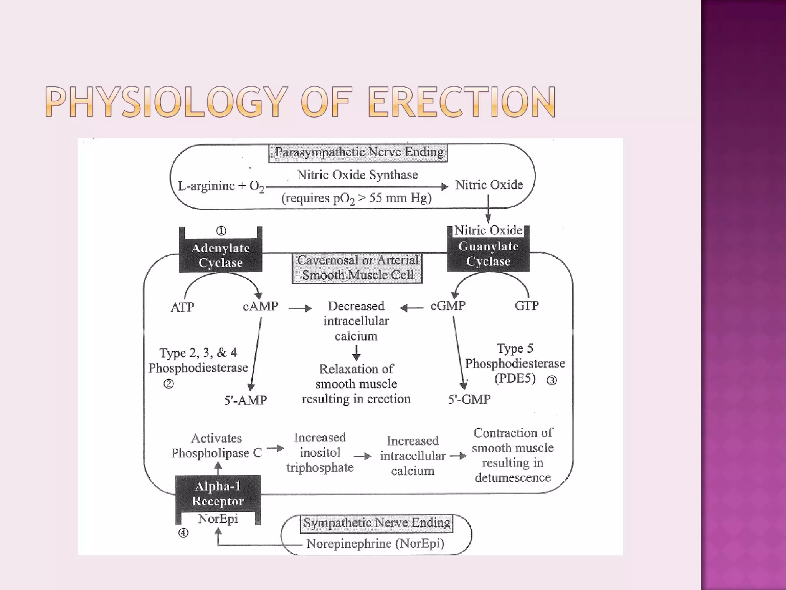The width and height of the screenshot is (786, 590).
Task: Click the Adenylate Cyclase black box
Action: pos(220,255)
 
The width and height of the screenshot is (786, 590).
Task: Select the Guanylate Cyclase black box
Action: pos(488,254)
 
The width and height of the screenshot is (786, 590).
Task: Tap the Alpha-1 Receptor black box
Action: pos(218,494)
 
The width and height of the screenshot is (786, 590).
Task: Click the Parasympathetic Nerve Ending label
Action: pos(358,152)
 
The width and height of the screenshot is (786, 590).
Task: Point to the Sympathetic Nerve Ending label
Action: pos(376,523)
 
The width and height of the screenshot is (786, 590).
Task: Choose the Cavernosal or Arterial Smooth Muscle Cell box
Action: pos(357,268)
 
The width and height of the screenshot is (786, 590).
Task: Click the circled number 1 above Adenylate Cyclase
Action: pos(221,231)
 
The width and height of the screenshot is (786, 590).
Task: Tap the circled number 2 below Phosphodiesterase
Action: pos(168,384)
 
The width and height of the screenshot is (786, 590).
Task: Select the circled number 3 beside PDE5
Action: pos(552,380)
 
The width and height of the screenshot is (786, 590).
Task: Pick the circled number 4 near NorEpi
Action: pos(183,533)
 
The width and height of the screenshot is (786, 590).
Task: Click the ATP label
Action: pos(182,307)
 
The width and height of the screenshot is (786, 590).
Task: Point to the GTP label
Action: pos(527,306)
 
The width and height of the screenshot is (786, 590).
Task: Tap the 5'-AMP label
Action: pos(245,400)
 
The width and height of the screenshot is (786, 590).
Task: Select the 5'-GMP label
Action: pos(469,399)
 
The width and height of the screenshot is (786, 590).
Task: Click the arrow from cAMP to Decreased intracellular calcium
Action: pos(300,308)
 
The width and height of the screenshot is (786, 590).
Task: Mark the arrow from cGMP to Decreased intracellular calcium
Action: pos(412,308)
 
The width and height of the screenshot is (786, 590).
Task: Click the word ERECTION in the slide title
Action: pos(462,102)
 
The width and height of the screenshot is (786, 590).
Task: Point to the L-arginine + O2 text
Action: pos(221,186)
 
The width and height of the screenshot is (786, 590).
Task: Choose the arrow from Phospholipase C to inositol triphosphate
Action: pos(275,448)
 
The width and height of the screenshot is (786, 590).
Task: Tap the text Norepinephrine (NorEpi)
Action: pos(375,544)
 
